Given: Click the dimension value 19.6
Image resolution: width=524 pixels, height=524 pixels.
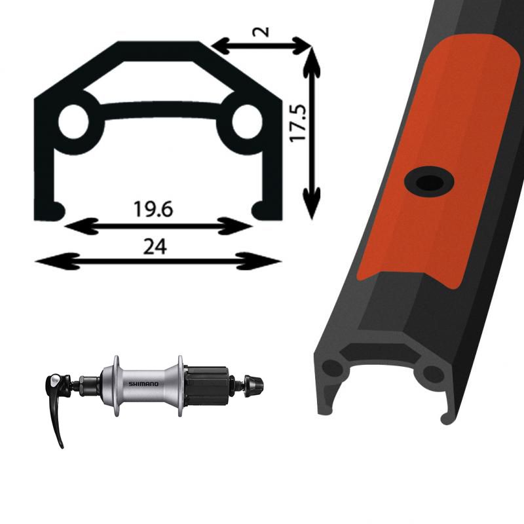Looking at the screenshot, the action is (153, 209).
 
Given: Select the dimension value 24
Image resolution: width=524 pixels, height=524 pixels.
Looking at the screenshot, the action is (155, 247).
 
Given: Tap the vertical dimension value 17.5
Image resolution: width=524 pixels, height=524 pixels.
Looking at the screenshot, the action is (298, 122).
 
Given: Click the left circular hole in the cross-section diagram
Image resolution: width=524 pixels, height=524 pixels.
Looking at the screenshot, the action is (73, 122).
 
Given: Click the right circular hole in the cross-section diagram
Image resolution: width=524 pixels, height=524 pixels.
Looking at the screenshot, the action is (247, 122).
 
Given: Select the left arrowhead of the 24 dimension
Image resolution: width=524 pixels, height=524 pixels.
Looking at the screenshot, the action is (58, 261).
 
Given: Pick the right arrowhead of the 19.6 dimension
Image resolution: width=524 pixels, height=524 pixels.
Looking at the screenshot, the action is (234, 226).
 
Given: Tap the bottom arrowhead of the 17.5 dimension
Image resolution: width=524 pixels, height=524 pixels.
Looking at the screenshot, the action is (312, 203).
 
